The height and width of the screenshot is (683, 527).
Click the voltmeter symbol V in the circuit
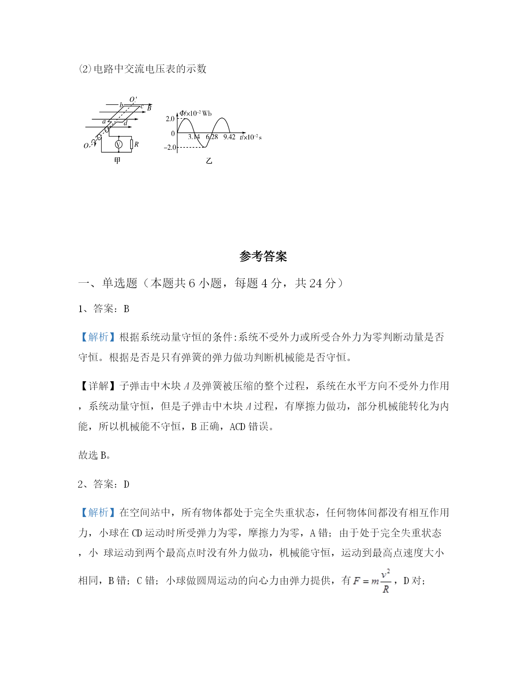[119, 144]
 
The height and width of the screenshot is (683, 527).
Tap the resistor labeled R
[131, 144]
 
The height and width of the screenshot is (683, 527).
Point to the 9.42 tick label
[229, 137]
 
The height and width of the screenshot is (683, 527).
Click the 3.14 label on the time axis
[194, 137]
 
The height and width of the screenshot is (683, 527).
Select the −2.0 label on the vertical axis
[170, 147]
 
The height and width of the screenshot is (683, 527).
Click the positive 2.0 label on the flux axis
[170, 119]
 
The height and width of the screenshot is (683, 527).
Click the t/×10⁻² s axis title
[250, 137]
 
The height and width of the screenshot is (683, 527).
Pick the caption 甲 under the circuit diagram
[117, 160]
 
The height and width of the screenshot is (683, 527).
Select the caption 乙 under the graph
[209, 161]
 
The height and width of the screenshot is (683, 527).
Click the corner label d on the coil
[126, 123]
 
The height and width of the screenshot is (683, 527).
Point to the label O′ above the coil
[133, 100]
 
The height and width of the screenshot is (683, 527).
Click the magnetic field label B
[149, 108]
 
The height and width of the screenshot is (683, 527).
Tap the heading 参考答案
[263, 256]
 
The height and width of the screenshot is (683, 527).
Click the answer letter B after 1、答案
[126, 309]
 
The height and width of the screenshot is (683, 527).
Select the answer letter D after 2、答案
[126, 484]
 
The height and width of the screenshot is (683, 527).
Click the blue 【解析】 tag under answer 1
[98, 337]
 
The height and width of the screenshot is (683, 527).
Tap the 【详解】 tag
[98, 386]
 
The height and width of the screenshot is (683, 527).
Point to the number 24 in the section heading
[315, 283]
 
